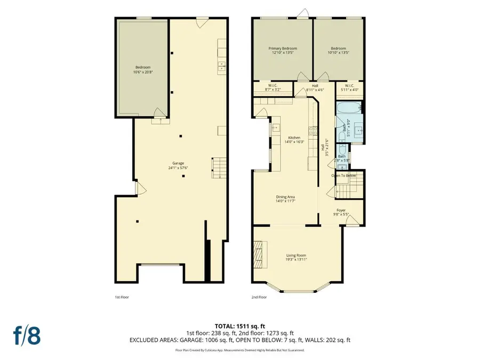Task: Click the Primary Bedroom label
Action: tap(282, 51)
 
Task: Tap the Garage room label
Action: tap(178, 165)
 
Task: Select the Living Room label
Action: tap(297, 257)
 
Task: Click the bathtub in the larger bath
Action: tap(349, 112)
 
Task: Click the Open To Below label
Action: tap(344, 175)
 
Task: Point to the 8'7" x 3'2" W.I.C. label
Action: tap(273, 88)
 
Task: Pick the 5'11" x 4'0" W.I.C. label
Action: tap(350, 88)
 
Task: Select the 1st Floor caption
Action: tap(122, 297)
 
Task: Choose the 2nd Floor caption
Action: tap(259, 297)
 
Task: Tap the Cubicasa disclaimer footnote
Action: tap(239, 350)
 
